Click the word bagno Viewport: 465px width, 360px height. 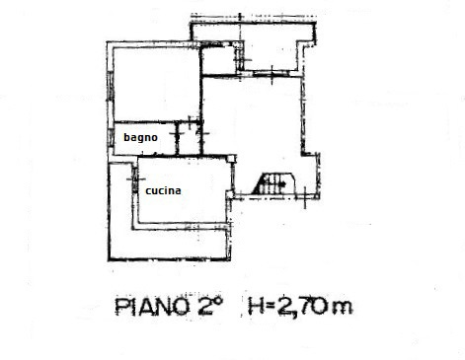click(x=141, y=139)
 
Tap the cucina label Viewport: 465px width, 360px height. click(x=163, y=191)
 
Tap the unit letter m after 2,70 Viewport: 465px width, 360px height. click(x=341, y=309)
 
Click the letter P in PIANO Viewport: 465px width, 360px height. click(x=122, y=307)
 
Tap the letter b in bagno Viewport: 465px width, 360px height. click(x=126, y=139)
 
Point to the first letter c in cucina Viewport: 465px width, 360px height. click(x=148, y=191)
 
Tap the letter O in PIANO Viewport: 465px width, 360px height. click(x=182, y=307)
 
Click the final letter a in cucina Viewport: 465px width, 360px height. click(x=178, y=191)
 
